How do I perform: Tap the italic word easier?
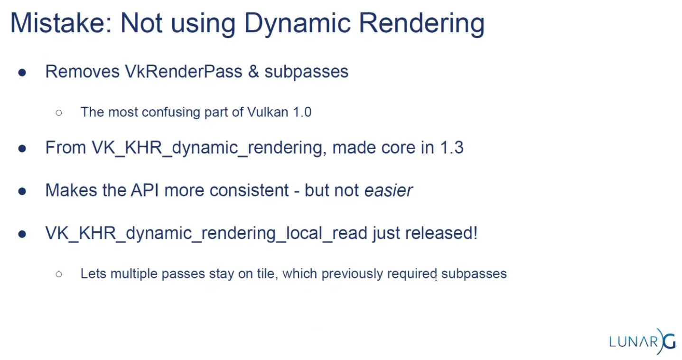(x=388, y=190)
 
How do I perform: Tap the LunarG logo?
(x=643, y=341)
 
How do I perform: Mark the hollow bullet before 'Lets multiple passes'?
(x=59, y=274)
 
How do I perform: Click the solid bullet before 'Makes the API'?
(x=22, y=191)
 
